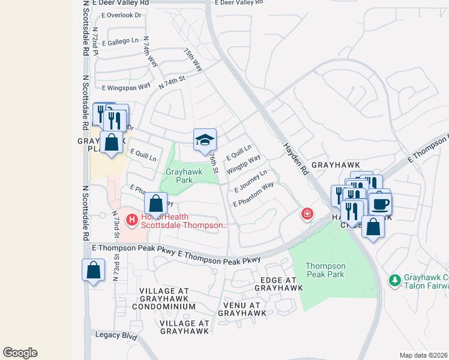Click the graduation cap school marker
click(x=205, y=140)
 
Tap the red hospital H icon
click(x=132, y=220)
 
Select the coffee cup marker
click(x=380, y=204)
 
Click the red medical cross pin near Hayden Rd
click(x=307, y=214)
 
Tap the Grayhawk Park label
click(x=184, y=175)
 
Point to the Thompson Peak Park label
click(x=325, y=270)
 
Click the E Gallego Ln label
click(x=120, y=42)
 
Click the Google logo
click(x=20, y=353)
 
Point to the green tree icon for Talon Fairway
click(x=394, y=280)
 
